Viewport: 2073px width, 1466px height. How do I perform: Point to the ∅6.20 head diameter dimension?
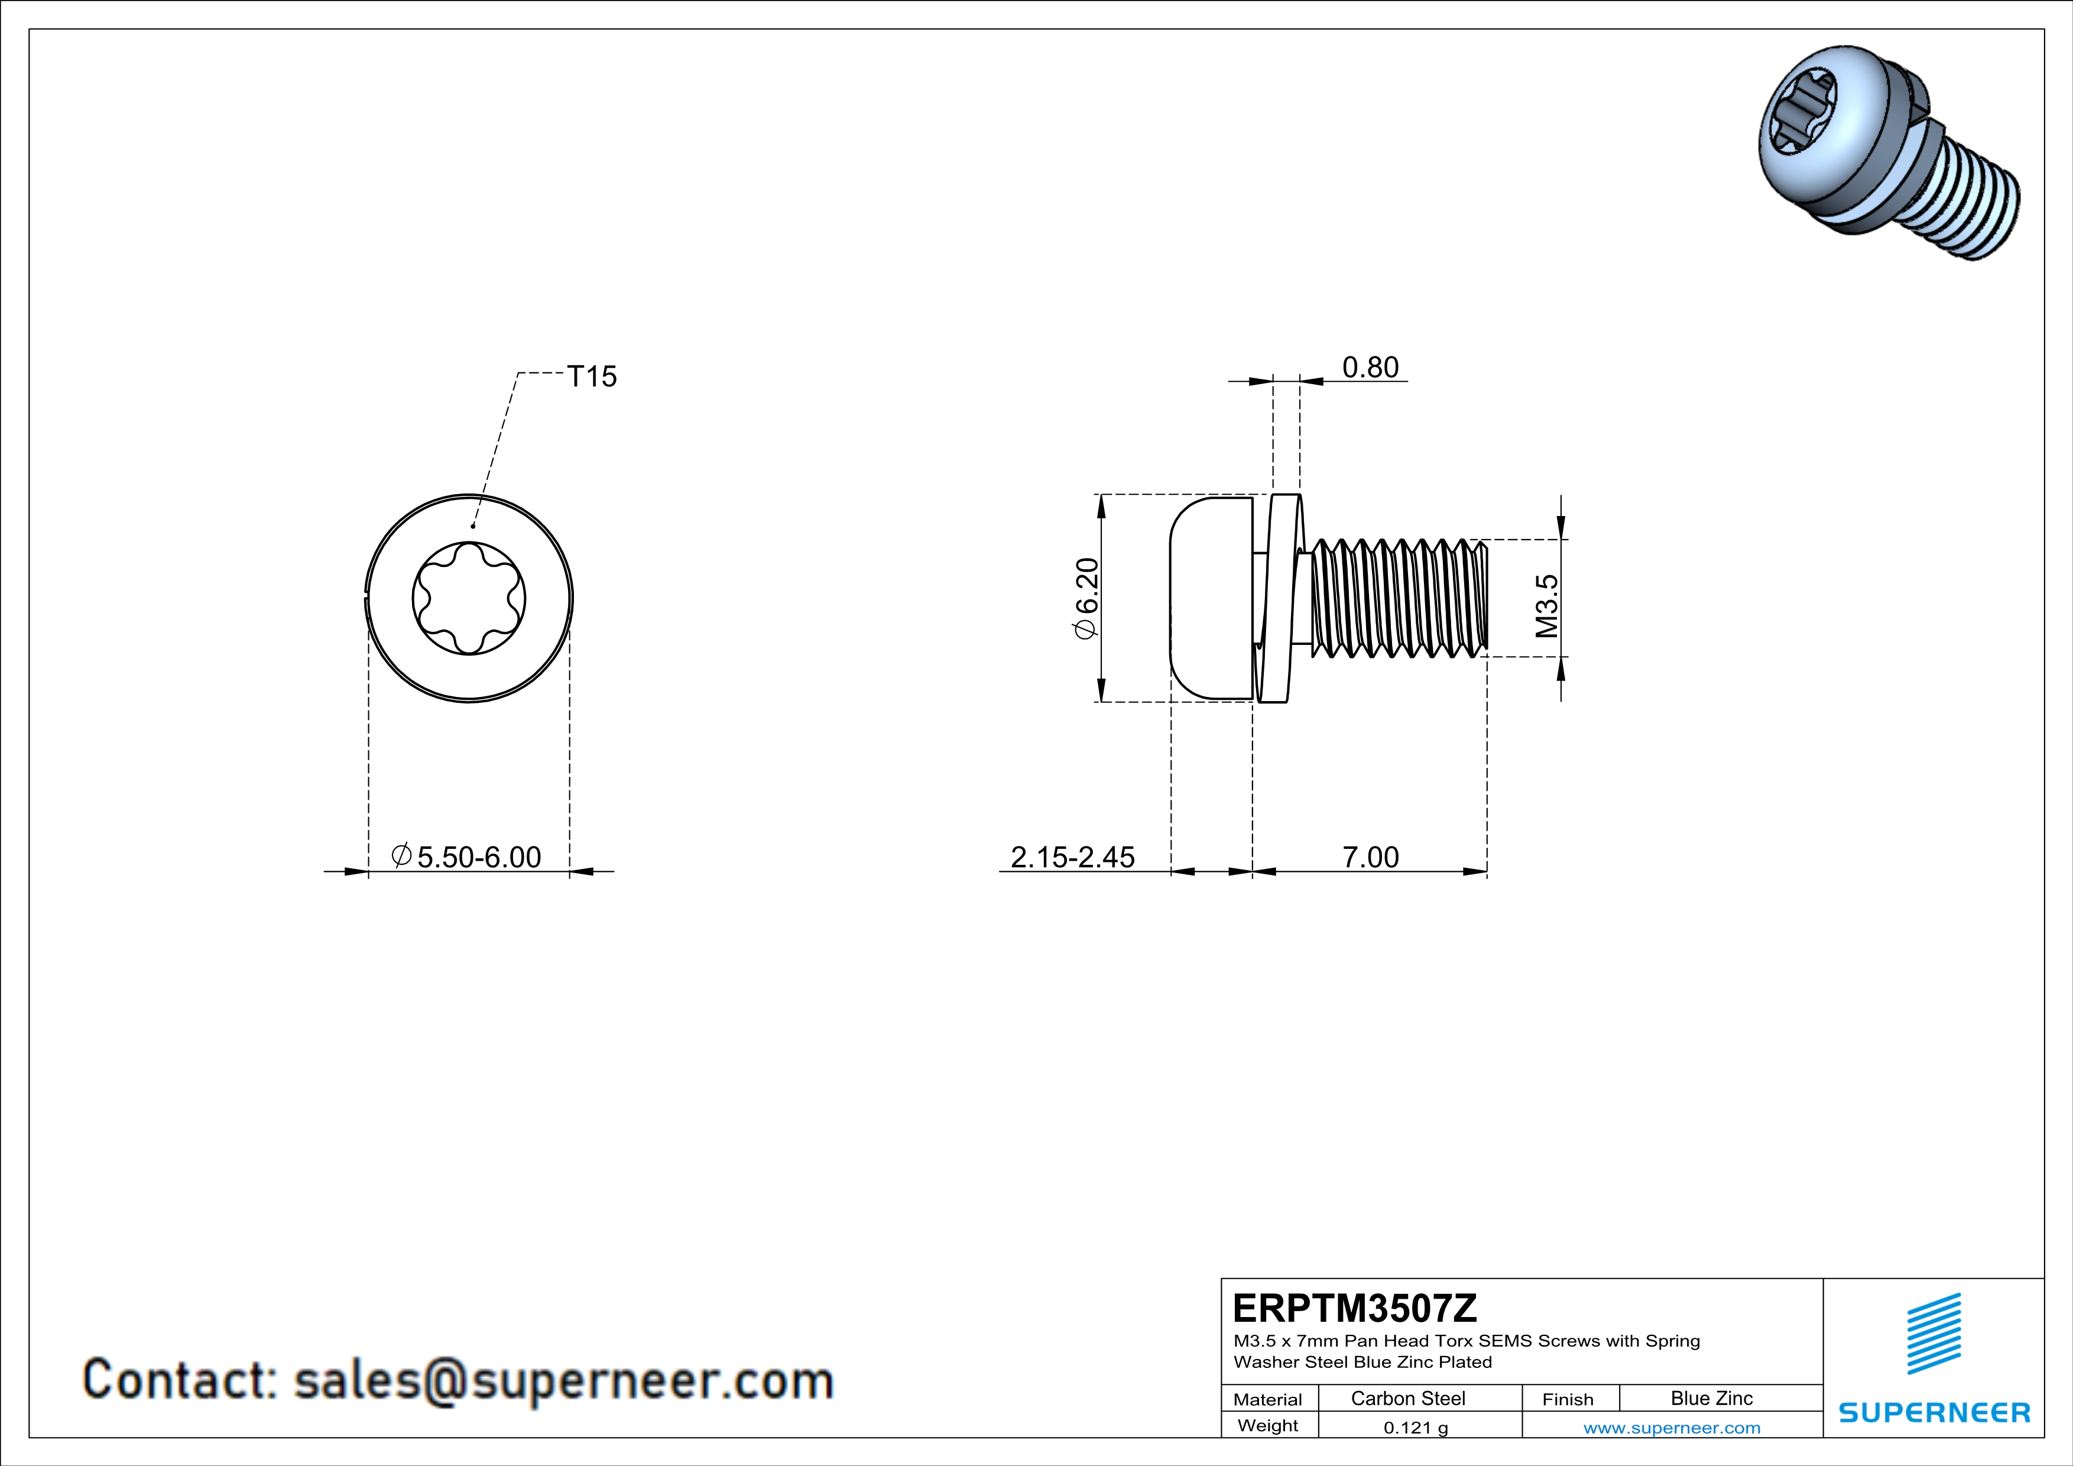point(1086,598)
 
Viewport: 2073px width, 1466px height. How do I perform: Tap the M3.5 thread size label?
point(1547,606)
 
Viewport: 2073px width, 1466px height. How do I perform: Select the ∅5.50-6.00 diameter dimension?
point(467,857)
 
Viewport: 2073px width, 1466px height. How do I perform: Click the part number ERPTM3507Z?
point(1354,1308)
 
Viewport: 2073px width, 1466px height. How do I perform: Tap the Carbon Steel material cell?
point(1407,1398)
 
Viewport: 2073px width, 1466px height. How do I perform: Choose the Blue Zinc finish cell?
point(1711,1398)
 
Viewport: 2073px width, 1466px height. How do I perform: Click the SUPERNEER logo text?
point(1934,1413)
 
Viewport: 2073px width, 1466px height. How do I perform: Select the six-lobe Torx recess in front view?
point(469,598)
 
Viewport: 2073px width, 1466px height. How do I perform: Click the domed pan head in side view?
point(1210,598)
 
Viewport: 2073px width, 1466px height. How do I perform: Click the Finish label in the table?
point(1568,1399)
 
